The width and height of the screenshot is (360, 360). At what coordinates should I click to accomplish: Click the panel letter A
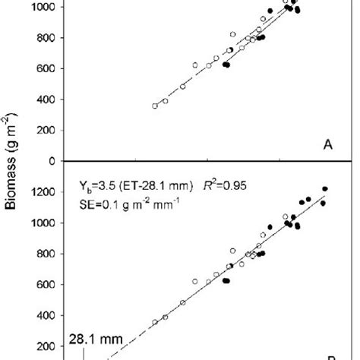327,149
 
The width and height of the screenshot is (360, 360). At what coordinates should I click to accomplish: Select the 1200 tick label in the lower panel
48,192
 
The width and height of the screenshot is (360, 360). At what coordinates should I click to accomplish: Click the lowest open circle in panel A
155,106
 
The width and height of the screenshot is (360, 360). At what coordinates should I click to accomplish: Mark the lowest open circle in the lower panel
155,322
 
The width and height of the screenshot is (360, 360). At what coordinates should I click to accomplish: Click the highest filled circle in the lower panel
325,188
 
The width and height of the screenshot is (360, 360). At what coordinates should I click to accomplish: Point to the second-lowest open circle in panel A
165,101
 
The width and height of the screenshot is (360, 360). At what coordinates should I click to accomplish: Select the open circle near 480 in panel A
182,87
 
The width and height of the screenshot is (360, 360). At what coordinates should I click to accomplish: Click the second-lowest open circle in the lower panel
165,317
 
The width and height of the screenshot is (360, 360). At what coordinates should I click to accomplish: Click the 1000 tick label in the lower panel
48,223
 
